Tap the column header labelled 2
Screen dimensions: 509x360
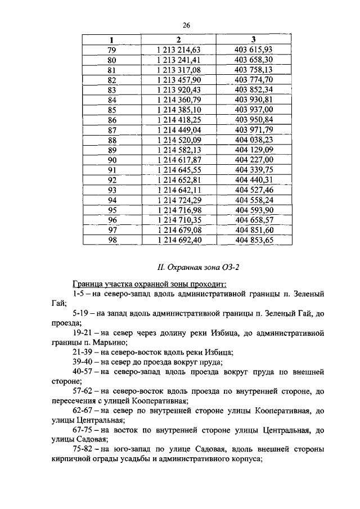(x=178, y=40)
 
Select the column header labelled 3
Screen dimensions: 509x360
(x=254, y=40)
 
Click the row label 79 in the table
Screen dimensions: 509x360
(x=111, y=50)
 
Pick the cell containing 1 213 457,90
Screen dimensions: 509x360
(x=178, y=80)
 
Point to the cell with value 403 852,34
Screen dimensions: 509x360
(x=254, y=90)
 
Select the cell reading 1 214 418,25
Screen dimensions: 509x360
(x=178, y=120)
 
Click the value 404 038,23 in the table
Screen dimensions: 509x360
(x=254, y=140)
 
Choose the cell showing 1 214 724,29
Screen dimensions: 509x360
(x=178, y=200)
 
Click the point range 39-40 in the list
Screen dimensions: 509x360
(x=83, y=362)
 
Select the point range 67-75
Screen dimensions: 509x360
(x=83, y=430)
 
